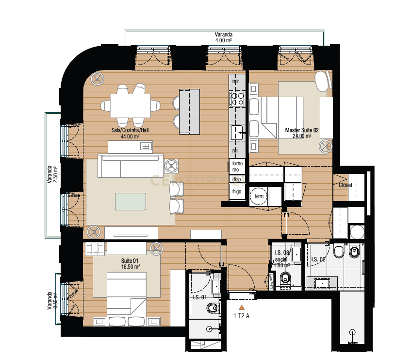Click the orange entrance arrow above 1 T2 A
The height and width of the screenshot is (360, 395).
click(241, 307)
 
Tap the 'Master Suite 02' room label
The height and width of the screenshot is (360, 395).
click(301, 130)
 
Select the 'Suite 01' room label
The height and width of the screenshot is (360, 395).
click(131, 261)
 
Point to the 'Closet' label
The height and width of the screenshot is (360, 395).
click(345, 185)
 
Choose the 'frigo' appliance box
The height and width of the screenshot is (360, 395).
click(237, 192)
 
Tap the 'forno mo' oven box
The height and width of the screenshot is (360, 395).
click(237, 166)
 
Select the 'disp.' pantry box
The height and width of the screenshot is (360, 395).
click(237, 179)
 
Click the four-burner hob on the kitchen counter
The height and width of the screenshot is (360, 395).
click(237, 99)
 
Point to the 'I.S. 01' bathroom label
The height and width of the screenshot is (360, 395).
click(200, 298)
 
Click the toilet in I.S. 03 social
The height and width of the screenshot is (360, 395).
click(286, 278)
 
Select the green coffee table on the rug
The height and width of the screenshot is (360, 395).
click(130, 202)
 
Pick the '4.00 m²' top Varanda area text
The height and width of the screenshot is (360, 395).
click(223, 41)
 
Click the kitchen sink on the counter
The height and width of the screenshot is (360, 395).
click(237, 132)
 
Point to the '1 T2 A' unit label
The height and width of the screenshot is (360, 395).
click(242, 316)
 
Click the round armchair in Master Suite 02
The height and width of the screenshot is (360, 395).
click(323, 80)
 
